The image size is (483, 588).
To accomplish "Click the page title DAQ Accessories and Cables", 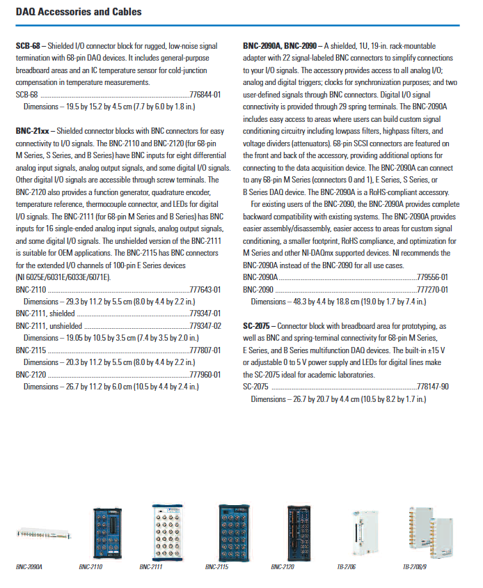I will pos(79,12).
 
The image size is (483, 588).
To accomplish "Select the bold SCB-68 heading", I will pos(27,45).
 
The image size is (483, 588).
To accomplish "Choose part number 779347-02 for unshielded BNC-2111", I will pos(205,325).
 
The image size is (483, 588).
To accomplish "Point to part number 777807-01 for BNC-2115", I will pos(205,350).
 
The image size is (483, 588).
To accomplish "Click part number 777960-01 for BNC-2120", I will pos(205,374).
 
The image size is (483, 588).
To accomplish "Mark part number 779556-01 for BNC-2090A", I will pos(433,277).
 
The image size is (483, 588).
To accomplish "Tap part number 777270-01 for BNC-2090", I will pos(433,289).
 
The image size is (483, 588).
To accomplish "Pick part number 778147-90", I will pos(433,387).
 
